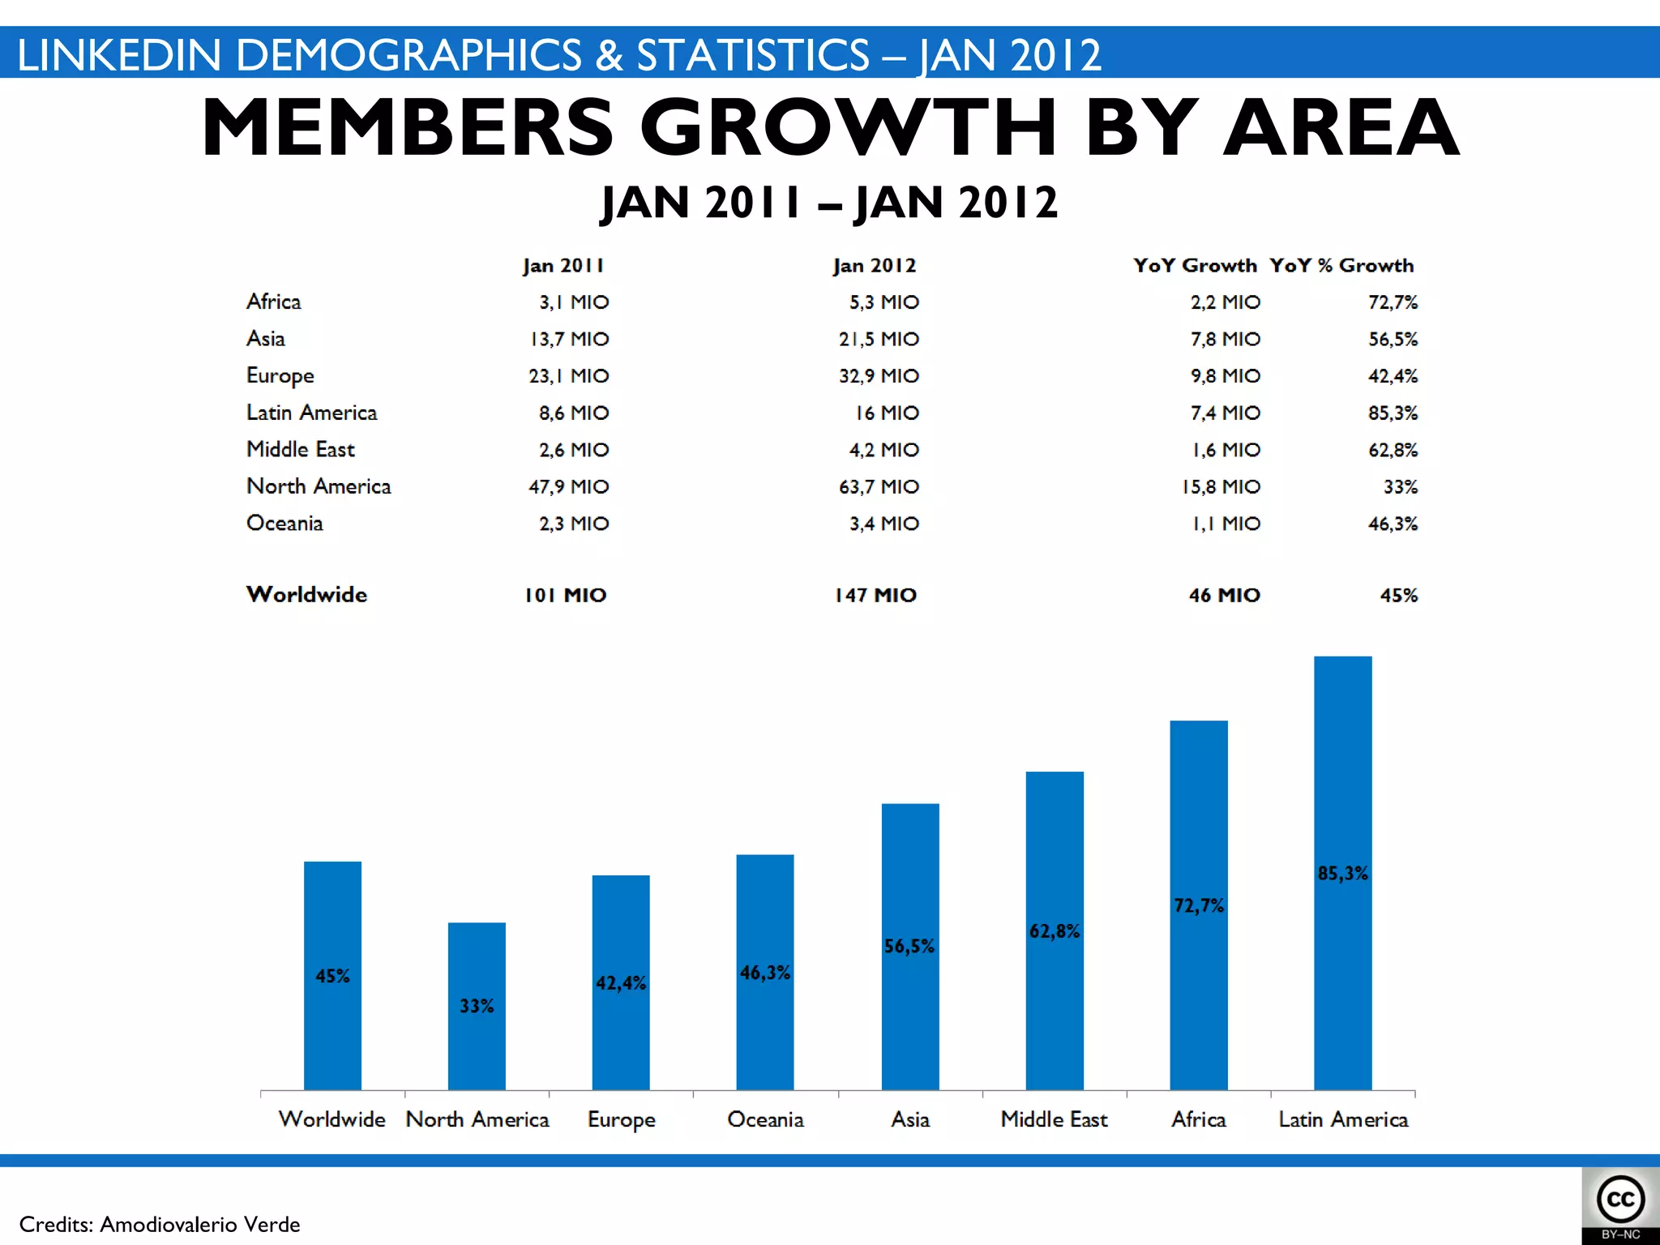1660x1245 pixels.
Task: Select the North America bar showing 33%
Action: point(477,1006)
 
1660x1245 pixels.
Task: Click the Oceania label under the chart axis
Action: point(765,1119)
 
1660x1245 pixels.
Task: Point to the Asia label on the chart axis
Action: point(909,1119)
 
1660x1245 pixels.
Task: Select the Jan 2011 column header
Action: point(563,266)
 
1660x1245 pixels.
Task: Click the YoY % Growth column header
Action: point(1341,266)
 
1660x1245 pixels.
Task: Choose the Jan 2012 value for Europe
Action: point(879,376)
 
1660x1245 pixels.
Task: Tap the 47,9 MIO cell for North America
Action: point(568,486)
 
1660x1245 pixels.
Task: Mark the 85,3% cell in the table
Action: point(1393,413)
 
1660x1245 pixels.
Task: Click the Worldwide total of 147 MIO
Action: point(875,595)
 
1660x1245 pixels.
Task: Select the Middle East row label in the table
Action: point(301,449)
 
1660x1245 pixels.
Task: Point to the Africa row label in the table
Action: point(274,302)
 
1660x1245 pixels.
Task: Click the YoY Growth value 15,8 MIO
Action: point(1221,486)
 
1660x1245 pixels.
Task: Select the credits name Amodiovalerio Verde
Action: point(199,1224)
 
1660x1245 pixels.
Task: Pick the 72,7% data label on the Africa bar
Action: point(1199,905)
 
